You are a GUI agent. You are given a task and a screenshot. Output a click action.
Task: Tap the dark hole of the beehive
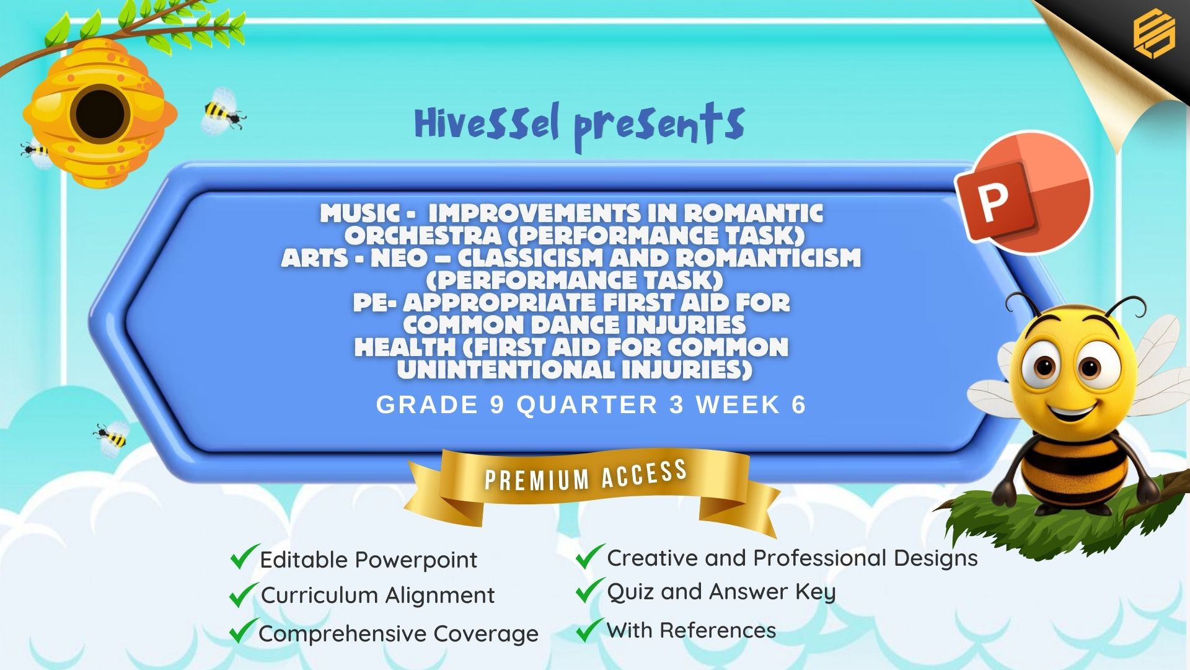[100, 114]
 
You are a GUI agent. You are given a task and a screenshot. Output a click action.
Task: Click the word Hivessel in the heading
[487, 123]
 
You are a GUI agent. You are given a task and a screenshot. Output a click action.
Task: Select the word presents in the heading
[659, 125]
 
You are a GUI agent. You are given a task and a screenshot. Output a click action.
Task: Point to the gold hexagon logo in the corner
[1154, 34]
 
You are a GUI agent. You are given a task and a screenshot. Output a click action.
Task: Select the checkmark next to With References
[589, 629]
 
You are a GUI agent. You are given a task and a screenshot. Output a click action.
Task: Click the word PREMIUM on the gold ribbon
[537, 480]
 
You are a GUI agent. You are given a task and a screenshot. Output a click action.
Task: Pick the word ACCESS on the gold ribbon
[644, 474]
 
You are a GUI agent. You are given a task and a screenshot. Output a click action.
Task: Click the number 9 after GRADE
[497, 405]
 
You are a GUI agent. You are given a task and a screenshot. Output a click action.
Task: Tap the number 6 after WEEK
[798, 405]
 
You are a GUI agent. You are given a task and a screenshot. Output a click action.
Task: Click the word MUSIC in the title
[360, 213]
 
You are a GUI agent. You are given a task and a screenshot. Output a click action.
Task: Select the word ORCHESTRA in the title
[423, 236]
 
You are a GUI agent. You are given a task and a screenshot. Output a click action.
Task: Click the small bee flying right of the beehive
[223, 112]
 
